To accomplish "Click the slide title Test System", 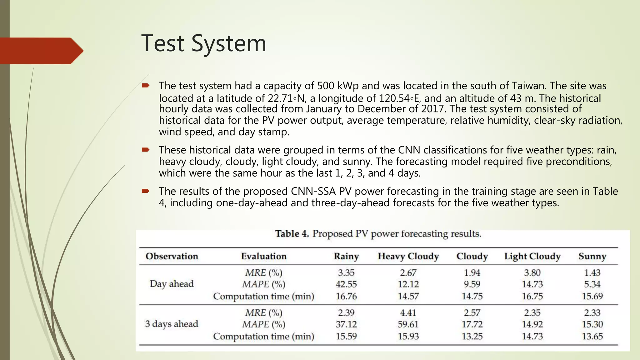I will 204,43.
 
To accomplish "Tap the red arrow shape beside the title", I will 41,51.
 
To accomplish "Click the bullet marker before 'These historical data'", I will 146,150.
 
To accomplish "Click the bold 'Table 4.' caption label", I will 292,234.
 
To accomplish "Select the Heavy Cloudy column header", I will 408,256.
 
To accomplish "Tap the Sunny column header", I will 592,256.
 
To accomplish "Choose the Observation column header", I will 172,256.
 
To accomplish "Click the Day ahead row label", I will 172,284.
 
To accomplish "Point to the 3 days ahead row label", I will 172,324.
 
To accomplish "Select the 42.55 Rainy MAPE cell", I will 346,284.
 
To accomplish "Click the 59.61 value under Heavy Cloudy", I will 408,324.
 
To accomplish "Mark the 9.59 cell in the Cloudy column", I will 472,284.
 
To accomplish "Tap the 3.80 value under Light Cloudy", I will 532,273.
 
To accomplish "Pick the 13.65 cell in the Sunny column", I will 592,336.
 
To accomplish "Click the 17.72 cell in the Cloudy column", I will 472,324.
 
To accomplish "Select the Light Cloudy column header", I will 532,256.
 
